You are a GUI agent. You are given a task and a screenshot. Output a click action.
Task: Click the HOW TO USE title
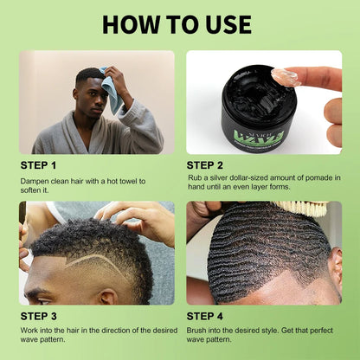click(179, 23)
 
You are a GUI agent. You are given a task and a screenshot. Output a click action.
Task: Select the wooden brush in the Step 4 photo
click(303, 209)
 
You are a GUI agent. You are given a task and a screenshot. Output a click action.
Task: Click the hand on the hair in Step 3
click(134, 221)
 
